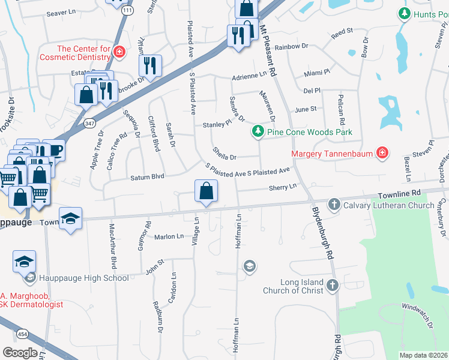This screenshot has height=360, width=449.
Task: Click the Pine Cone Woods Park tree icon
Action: [x=258, y=130]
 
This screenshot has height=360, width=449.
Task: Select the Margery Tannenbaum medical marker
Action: [x=381, y=153]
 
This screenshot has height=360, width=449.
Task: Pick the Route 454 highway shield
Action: [x=22, y=333]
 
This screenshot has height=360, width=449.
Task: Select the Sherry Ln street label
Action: [x=283, y=187]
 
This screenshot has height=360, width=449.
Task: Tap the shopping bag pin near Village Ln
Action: [x=206, y=192]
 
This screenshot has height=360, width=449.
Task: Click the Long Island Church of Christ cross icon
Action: [x=333, y=286]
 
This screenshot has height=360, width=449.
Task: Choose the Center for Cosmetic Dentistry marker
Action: [x=119, y=52]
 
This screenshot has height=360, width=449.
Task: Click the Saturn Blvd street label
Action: [x=147, y=178]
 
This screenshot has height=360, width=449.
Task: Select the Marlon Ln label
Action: [x=169, y=236]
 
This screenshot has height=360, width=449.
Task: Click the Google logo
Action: [x=20, y=353]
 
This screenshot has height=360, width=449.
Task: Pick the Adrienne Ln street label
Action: [x=249, y=76]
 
